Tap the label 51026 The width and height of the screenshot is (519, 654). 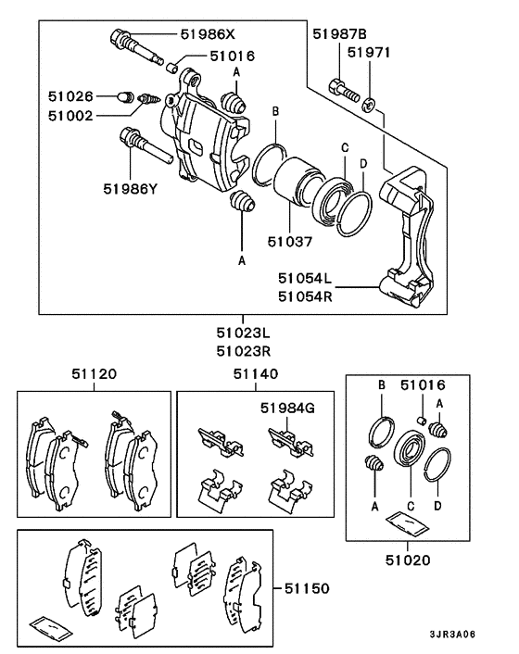coord(71,94)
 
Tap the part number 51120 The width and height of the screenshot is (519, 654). coord(94,375)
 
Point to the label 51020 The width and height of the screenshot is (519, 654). coord(408,560)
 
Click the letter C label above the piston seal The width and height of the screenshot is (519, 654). coord(344,148)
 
